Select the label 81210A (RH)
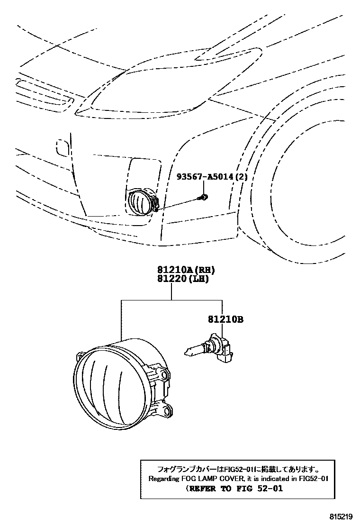pos(184,270)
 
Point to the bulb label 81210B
pos(225,320)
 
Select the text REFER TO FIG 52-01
pos(234,488)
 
